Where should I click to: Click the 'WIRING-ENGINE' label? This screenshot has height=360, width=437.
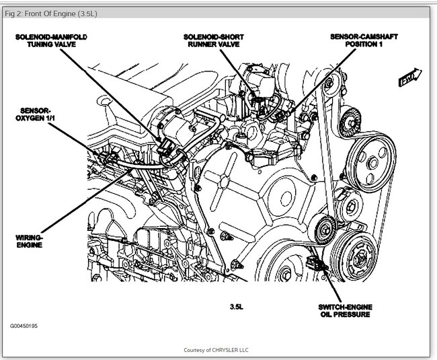pos(30,241)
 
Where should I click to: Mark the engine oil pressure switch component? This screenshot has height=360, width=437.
pos(316,262)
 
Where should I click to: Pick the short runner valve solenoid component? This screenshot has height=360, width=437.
pos(259,94)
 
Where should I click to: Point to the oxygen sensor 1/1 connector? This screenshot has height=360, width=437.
pos(108,160)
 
